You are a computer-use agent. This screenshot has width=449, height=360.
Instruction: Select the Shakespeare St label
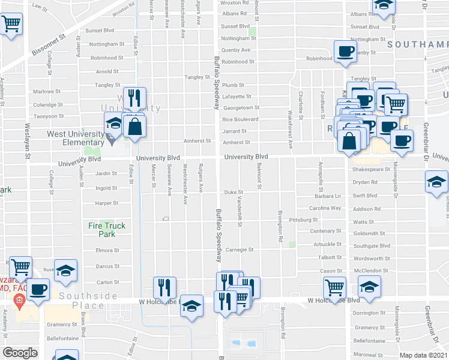point(371,170)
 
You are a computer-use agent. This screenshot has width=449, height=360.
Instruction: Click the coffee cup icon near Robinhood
point(345,51)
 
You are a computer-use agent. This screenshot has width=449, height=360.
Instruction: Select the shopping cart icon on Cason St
point(334,286)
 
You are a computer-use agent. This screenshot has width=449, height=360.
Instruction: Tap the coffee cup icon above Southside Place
point(39,289)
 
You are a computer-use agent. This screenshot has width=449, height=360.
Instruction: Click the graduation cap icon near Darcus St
point(65,268)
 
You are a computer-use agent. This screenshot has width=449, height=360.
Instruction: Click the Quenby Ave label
point(235,50)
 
